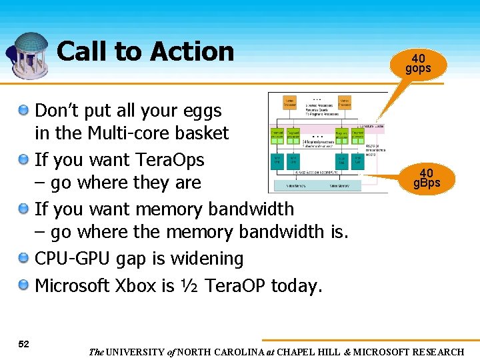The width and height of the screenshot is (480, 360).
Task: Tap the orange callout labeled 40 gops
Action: click(x=418, y=63)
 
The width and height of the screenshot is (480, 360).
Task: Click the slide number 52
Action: click(x=23, y=343)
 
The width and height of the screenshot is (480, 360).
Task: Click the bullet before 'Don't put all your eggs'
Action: click(x=24, y=109)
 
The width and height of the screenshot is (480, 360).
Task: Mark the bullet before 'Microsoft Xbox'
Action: click(x=24, y=285)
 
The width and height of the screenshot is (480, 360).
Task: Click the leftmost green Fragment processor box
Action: click(x=277, y=135)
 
